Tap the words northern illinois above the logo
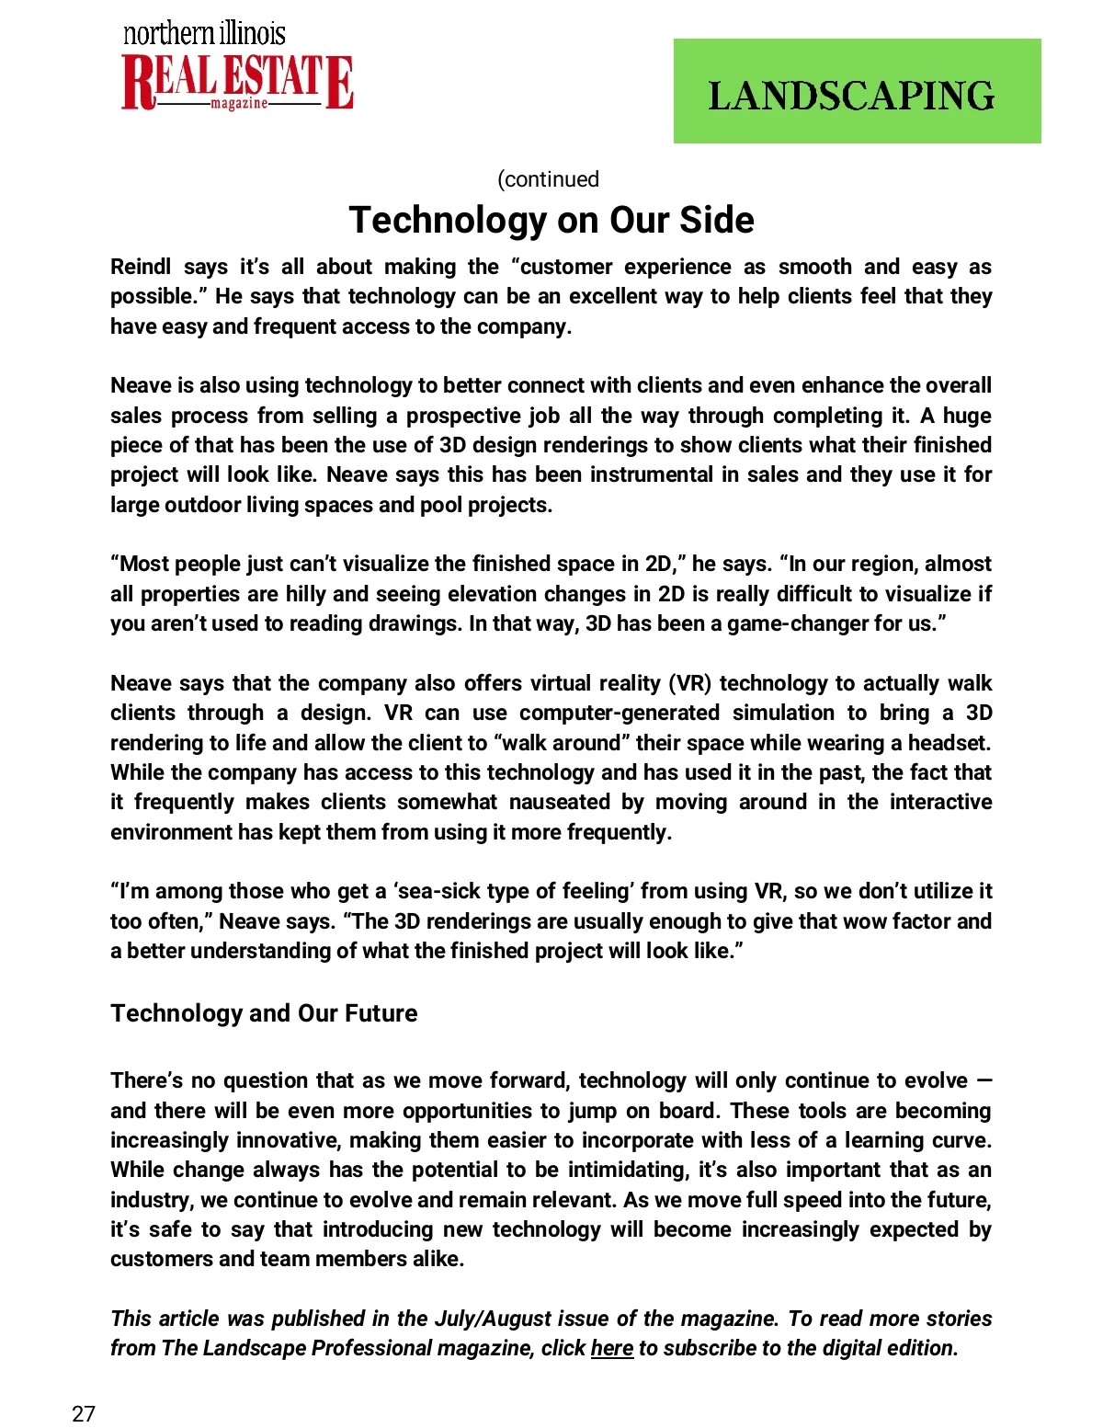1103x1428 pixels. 204,34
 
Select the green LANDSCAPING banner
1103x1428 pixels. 857,91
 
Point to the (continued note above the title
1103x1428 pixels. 548,179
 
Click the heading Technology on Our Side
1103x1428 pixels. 551,221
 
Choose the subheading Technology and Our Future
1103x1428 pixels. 264,1013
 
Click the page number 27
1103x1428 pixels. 84,1413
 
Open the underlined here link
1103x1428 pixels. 611,1348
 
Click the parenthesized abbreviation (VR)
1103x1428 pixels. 689,683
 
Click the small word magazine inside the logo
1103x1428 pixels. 239,104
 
